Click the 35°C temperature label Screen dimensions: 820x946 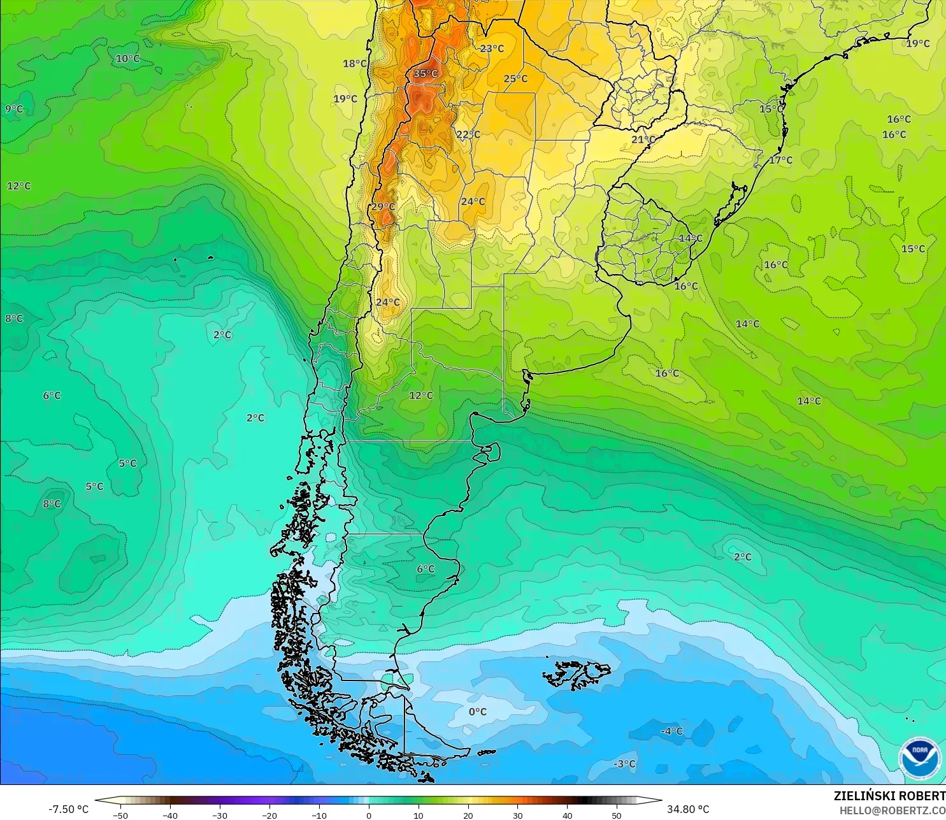point(426,74)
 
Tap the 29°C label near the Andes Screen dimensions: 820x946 point(383,206)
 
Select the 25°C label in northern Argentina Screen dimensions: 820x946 point(515,79)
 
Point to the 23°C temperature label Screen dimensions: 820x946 point(492,48)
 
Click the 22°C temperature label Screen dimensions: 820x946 point(468,134)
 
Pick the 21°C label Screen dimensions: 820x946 point(643,140)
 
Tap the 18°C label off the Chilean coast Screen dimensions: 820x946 point(355,64)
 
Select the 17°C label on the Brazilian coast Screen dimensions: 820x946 point(780,160)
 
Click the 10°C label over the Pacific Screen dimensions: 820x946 point(127,59)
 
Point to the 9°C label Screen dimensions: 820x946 point(14,109)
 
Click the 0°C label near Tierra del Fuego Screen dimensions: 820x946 point(478,712)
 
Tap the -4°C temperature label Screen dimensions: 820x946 point(671,731)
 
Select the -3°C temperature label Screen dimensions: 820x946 point(624,764)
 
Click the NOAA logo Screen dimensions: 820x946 point(919,758)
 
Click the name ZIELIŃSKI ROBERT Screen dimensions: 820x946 point(889,796)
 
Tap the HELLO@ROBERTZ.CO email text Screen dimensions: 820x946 point(892,810)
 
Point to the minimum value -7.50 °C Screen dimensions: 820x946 point(68,809)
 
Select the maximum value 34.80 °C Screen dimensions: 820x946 point(688,809)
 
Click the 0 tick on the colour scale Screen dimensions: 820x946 point(368,816)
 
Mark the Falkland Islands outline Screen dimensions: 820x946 point(577,674)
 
